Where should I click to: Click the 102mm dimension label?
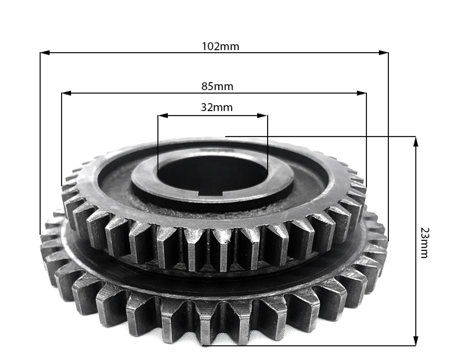[x=220, y=46]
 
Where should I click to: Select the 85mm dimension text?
[x=217, y=86]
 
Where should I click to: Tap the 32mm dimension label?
[x=217, y=107]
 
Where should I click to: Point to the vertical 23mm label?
[x=424, y=243]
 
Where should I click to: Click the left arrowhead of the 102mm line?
[x=45, y=53]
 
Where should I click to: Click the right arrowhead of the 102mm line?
[x=383, y=53]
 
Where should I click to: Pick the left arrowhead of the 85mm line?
[x=66, y=93]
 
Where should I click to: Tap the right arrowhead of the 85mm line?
[x=361, y=93]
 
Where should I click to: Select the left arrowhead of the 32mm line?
[x=163, y=116]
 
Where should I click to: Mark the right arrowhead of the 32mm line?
[x=263, y=116]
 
